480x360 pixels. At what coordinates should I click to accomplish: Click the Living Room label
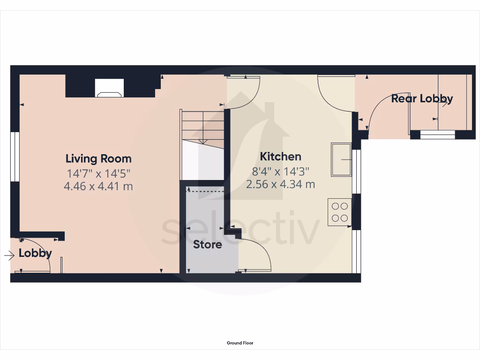pyautogui.click(x=98, y=158)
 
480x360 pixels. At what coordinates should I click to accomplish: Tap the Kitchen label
pyautogui.click(x=280, y=157)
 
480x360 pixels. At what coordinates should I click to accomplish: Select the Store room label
pyautogui.click(x=208, y=244)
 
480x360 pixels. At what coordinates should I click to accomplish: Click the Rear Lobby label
pyautogui.click(x=422, y=98)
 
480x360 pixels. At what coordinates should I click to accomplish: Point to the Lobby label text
pyautogui.click(x=35, y=254)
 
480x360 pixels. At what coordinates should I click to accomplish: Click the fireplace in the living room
pyautogui.click(x=110, y=88)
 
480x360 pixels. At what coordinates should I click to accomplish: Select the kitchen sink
pyautogui.click(x=341, y=160)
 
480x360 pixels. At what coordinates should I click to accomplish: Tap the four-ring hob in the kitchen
pyautogui.click(x=339, y=212)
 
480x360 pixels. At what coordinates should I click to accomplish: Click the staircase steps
pyautogui.click(x=203, y=127)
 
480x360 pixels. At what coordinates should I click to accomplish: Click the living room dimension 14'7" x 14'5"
pyautogui.click(x=98, y=173)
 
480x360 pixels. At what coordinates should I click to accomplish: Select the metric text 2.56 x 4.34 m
pyautogui.click(x=280, y=184)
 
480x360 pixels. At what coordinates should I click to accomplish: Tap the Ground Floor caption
pyautogui.click(x=240, y=343)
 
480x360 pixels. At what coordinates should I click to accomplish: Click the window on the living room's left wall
pyautogui.click(x=15, y=157)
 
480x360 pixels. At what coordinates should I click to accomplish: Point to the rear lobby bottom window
pyautogui.click(x=437, y=135)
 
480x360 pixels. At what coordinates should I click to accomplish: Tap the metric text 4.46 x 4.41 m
pyautogui.click(x=98, y=187)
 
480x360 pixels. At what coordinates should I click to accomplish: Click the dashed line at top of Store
pyautogui.click(x=205, y=191)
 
